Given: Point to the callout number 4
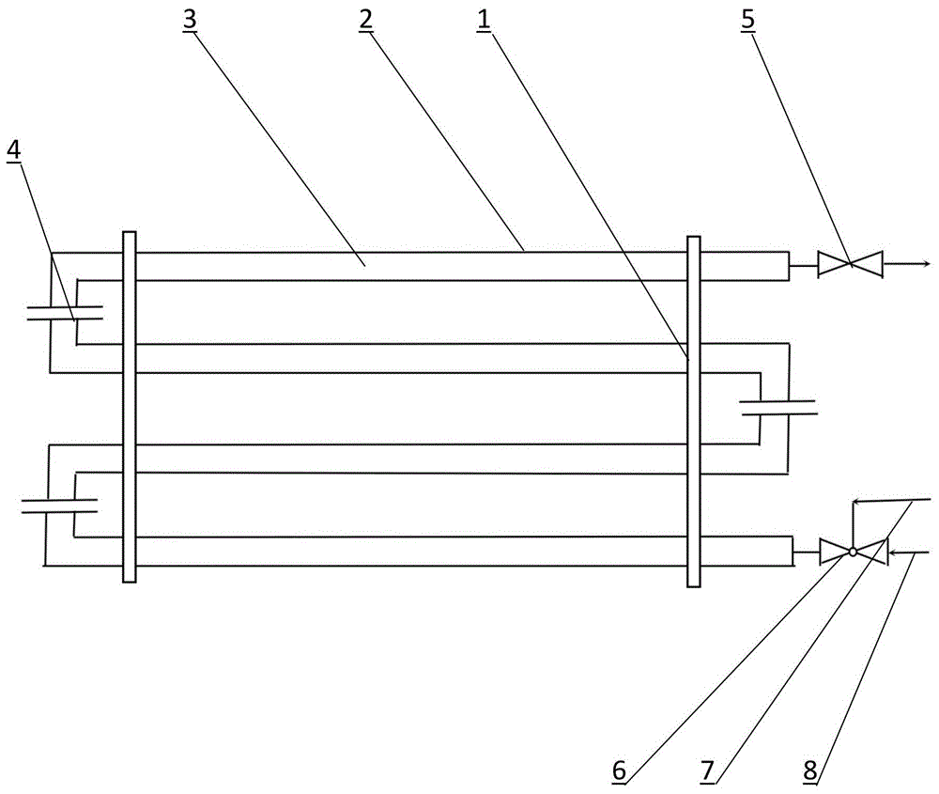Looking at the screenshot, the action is pos(13,149).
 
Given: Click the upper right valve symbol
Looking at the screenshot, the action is pos(850,265).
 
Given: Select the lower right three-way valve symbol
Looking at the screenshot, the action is pos(853,552).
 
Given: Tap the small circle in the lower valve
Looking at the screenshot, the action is pos(853,552).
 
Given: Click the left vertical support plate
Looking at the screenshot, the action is pos(130,407).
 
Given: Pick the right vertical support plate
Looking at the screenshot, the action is pos(694,411).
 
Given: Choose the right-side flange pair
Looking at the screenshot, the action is pos(778,407).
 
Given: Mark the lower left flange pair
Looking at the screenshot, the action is pos(59,506).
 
